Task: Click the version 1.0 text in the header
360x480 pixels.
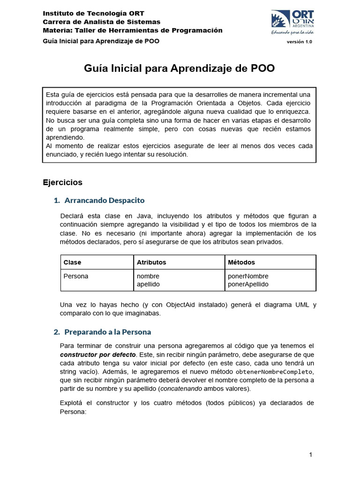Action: click(299, 42)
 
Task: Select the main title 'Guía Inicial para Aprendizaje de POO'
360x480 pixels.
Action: click(180, 68)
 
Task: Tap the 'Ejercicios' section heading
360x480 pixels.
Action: click(62, 182)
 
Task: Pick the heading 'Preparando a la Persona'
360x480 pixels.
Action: click(107, 332)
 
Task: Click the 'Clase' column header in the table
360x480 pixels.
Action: click(72, 262)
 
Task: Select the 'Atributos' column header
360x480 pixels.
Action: click(151, 262)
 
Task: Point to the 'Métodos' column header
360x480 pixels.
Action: click(241, 262)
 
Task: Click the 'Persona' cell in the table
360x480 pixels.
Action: click(75, 276)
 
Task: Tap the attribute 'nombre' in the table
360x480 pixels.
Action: click(148, 276)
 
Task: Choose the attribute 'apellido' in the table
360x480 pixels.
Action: click(148, 284)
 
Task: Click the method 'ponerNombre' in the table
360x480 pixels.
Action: click(248, 276)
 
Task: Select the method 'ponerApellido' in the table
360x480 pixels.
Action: click(248, 284)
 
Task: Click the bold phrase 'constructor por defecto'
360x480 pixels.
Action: click(97, 354)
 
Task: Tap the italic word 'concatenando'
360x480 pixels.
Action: click(181, 389)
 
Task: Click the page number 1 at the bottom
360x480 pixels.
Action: click(310, 455)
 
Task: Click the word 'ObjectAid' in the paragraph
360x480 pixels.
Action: click(183, 305)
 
